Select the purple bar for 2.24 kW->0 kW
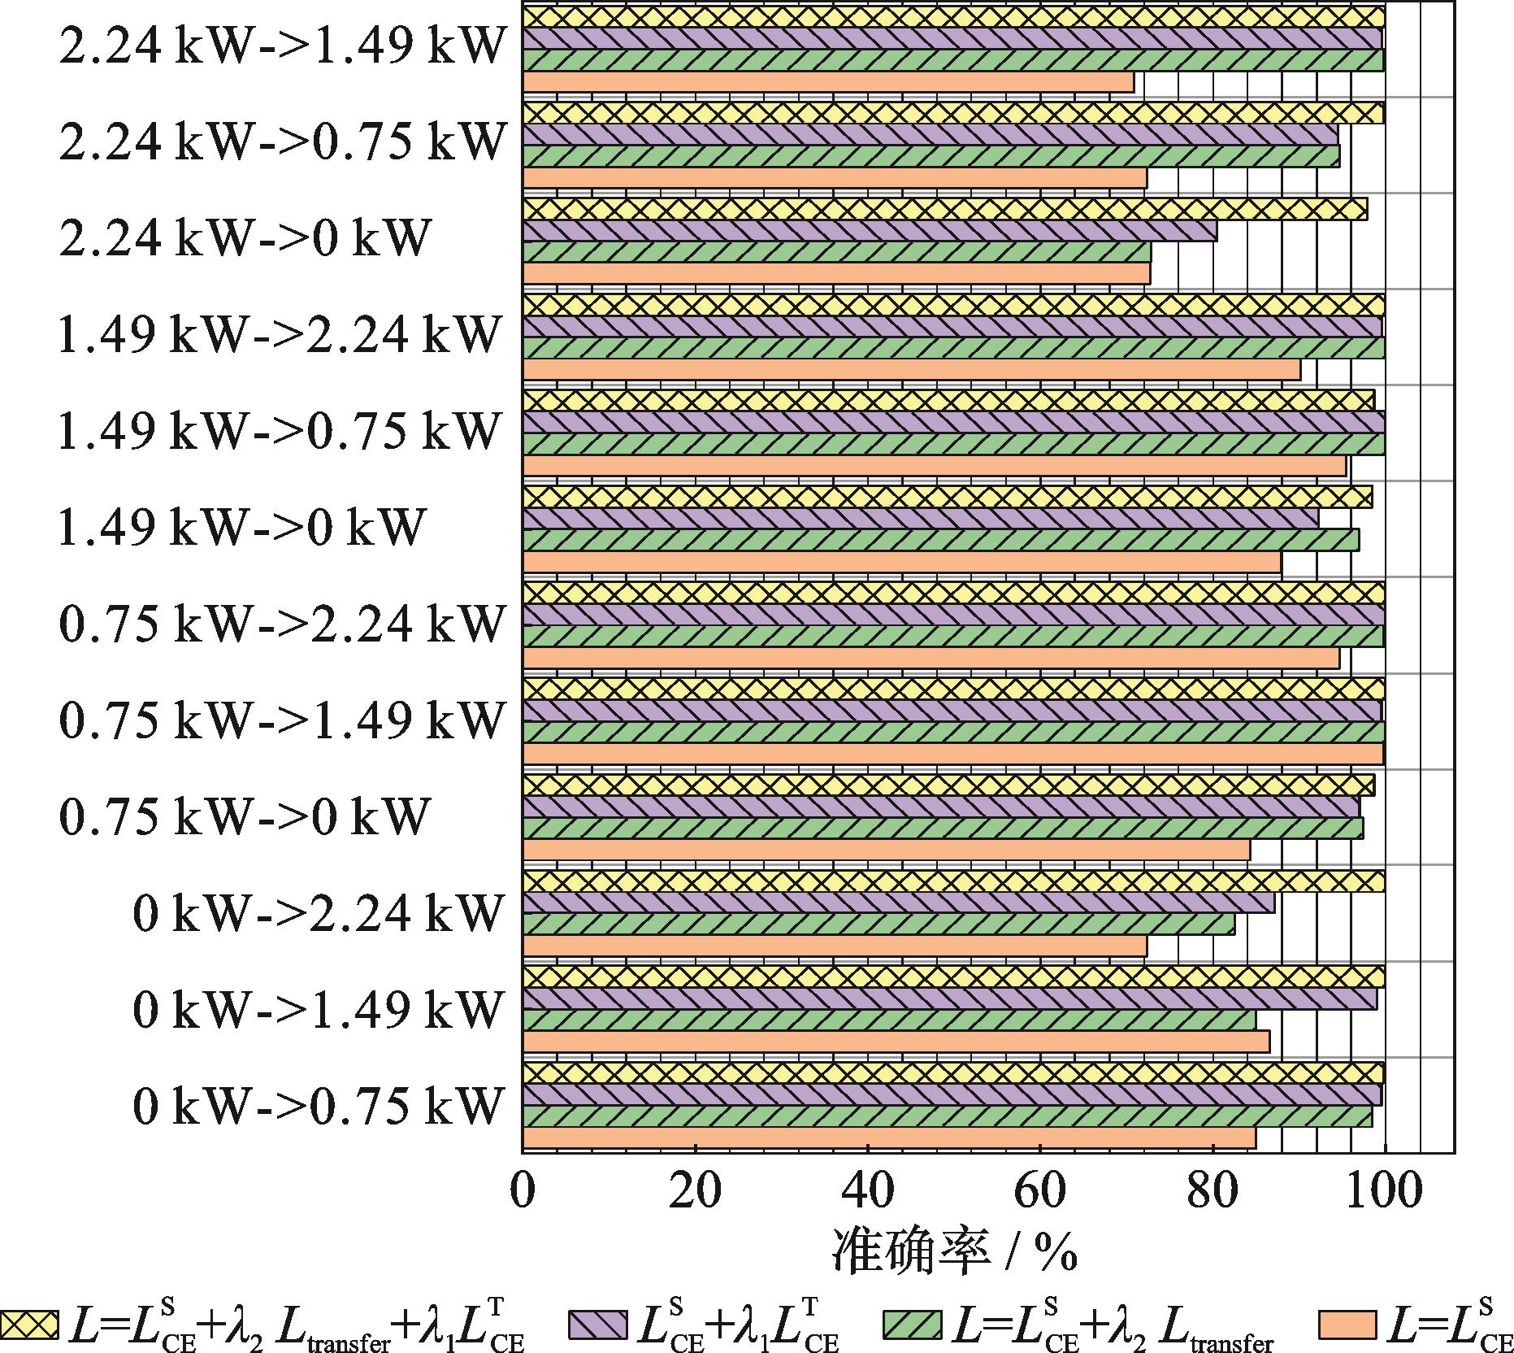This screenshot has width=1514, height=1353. click(870, 231)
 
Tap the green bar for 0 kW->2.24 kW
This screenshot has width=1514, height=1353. click(878, 924)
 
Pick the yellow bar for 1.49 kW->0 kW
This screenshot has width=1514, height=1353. click(947, 497)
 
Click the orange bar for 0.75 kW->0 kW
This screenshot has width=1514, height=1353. click(886, 850)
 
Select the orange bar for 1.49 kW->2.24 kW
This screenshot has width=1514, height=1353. click(911, 370)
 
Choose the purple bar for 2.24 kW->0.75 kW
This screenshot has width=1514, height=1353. click(930, 135)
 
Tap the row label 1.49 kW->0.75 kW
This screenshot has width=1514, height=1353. click(278, 430)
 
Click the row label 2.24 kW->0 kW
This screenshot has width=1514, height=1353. click(244, 238)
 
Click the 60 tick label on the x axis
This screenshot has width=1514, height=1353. click(1040, 1190)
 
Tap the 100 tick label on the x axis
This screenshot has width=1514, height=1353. click(1384, 1190)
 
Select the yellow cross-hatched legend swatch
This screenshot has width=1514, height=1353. click(29, 1325)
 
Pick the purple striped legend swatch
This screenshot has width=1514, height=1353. click(600, 1325)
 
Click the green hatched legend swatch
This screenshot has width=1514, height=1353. click(913, 1325)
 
